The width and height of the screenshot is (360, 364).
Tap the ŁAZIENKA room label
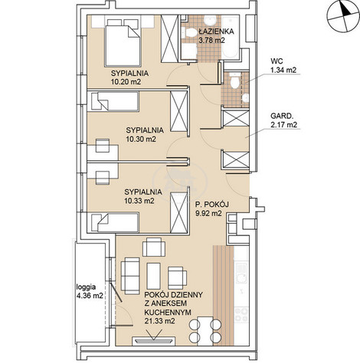(x=216, y=31)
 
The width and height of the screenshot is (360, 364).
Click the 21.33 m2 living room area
(x=160, y=321)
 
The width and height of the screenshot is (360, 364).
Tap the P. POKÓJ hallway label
(x=211, y=205)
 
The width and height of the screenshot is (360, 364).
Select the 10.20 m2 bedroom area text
(x=126, y=82)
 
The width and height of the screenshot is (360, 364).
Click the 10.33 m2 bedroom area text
(x=139, y=201)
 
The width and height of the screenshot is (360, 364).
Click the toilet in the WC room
(x=235, y=80)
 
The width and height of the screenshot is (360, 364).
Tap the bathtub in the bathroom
(x=231, y=38)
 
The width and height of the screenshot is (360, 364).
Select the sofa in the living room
(x=130, y=276)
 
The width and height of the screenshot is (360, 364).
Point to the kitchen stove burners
(x=241, y=315)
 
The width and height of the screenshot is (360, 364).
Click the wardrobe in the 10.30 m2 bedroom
(x=179, y=111)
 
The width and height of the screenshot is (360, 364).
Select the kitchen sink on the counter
(x=241, y=274)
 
